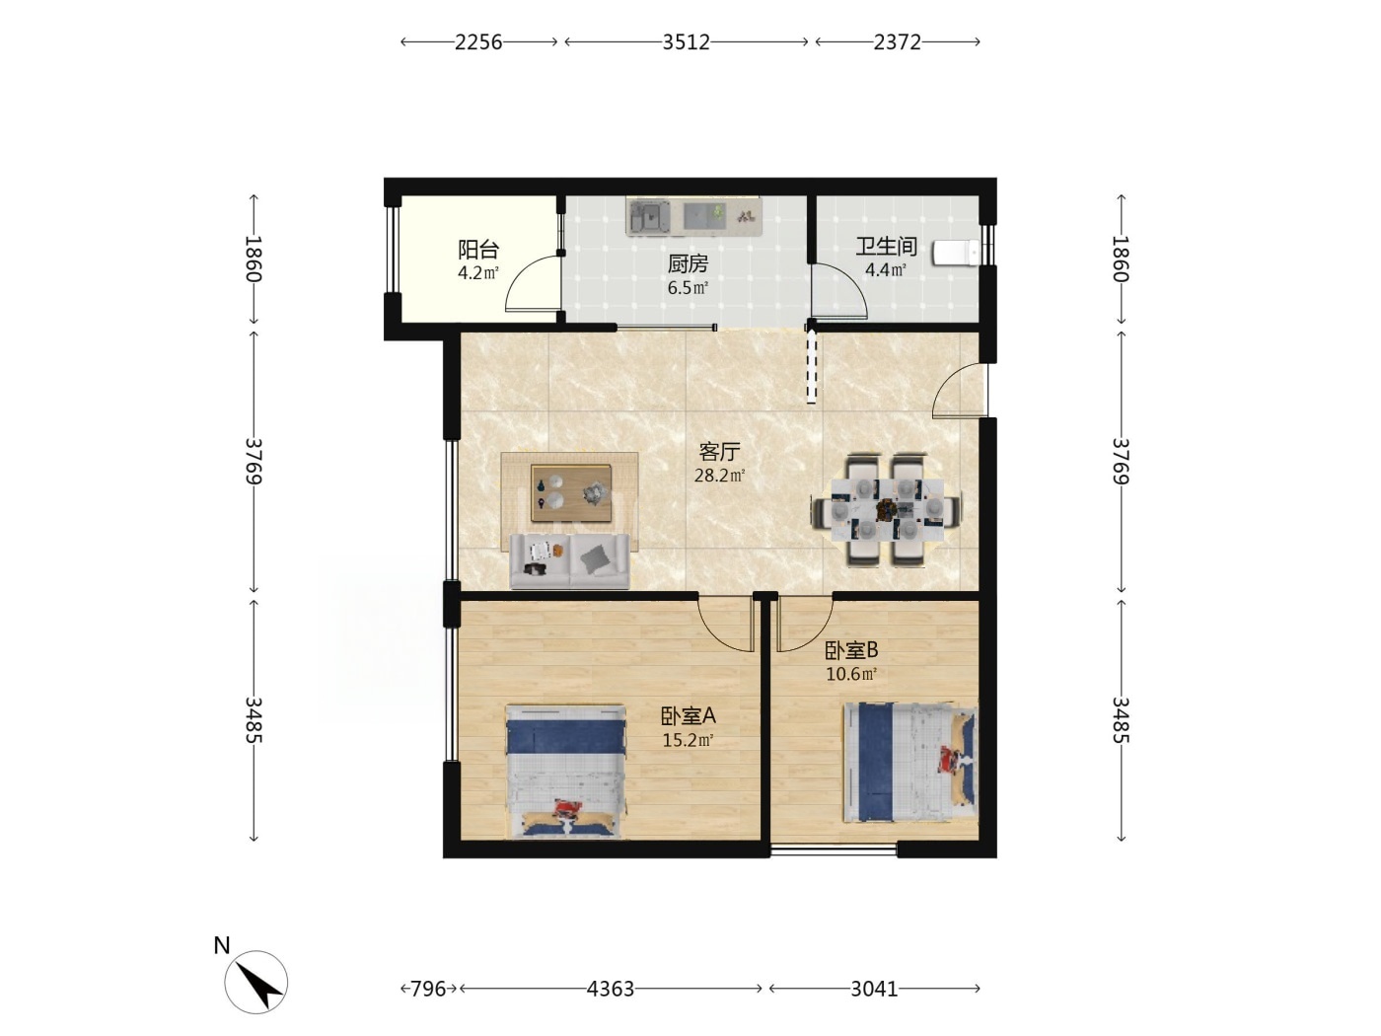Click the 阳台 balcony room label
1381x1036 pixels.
(x=477, y=249)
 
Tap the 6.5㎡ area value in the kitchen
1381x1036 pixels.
(x=687, y=287)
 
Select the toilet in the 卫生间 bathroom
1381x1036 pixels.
(x=956, y=253)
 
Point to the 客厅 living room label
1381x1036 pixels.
(x=719, y=451)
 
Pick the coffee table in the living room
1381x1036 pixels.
(x=570, y=492)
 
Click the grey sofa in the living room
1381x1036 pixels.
(x=569, y=561)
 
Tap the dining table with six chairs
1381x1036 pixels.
(x=887, y=509)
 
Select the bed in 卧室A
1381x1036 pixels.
(x=565, y=772)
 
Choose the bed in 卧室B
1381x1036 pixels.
(x=910, y=762)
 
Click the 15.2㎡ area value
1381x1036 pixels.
(x=687, y=740)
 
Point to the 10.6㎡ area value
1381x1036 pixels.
(x=850, y=674)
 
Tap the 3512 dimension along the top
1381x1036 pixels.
(x=686, y=42)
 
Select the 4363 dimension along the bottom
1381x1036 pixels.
(x=610, y=989)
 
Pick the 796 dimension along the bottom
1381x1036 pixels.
(x=428, y=989)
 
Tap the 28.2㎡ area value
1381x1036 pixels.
(x=719, y=476)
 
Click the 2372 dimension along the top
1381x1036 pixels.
(x=898, y=42)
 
